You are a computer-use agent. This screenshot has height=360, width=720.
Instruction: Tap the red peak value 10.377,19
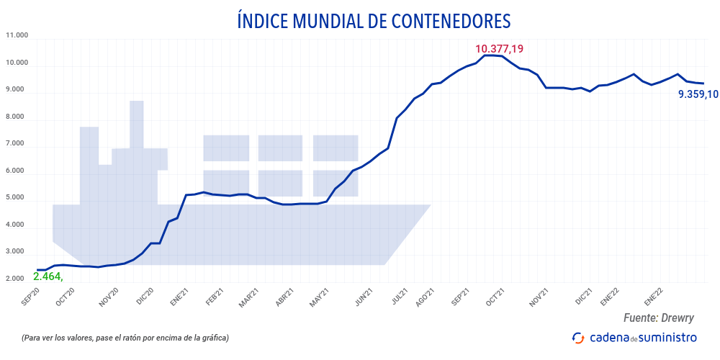point(499,50)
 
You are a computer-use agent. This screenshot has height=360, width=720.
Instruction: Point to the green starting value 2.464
point(48,276)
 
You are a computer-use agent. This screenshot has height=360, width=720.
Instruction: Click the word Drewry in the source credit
point(680,318)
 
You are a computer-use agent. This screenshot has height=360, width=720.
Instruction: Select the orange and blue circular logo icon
point(578,337)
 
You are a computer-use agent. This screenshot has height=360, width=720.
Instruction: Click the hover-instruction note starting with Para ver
point(125,338)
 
